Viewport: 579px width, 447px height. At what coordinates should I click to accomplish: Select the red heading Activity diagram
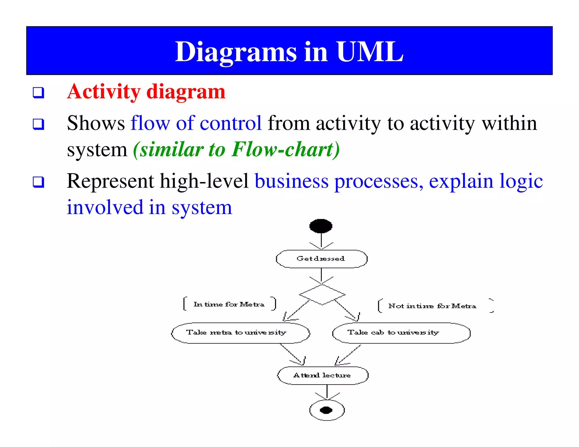click(146, 92)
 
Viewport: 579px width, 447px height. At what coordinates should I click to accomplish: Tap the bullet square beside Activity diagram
click(38, 93)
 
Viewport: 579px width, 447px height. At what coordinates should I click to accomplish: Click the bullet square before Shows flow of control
click(38, 124)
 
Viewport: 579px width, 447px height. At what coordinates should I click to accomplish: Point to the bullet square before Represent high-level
click(38, 182)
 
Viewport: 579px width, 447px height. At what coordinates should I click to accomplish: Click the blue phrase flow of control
click(196, 123)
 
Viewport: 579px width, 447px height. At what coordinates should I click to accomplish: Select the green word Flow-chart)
click(286, 149)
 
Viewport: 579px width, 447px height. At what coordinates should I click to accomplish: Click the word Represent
click(110, 181)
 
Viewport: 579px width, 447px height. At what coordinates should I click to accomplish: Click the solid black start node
click(321, 226)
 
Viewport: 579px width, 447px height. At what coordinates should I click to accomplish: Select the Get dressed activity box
click(321, 259)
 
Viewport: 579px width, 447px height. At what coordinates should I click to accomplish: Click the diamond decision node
click(322, 294)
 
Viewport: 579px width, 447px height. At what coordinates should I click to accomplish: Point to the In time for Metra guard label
click(229, 304)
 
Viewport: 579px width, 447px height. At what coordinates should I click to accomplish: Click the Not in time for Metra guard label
click(432, 306)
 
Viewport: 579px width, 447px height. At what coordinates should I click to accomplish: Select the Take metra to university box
click(240, 333)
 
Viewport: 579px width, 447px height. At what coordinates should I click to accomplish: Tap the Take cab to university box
click(401, 333)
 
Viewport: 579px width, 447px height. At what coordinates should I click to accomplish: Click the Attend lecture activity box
click(323, 375)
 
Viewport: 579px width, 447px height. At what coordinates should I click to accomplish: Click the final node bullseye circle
click(327, 410)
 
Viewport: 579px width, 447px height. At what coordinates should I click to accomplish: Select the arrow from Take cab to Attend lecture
click(348, 355)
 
